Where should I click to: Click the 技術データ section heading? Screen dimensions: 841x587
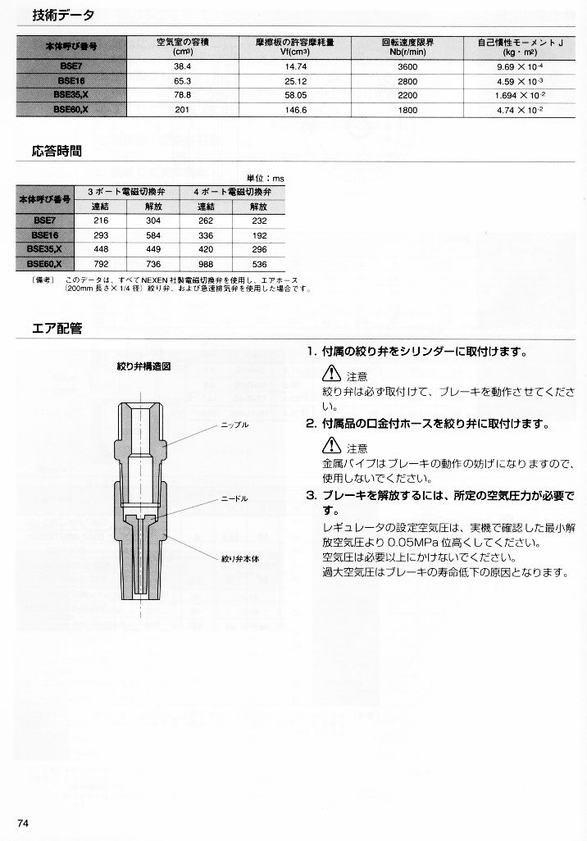point(63,15)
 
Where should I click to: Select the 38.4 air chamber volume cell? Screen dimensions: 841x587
point(182,64)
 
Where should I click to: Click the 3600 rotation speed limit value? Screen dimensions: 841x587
point(407,64)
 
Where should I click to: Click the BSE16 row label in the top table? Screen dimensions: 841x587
point(72,79)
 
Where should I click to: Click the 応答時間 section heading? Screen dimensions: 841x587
point(57,152)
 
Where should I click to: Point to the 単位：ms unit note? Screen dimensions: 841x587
point(266,177)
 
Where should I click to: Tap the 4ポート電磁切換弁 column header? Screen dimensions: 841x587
point(233,190)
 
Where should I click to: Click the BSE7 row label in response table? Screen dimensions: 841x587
point(45,220)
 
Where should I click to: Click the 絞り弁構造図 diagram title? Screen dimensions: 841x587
point(143,366)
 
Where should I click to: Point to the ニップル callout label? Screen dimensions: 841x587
point(234,426)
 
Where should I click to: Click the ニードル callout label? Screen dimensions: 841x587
point(234,498)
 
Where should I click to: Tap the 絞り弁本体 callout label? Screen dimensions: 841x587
point(239,558)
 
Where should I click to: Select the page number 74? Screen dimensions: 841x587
point(23,823)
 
